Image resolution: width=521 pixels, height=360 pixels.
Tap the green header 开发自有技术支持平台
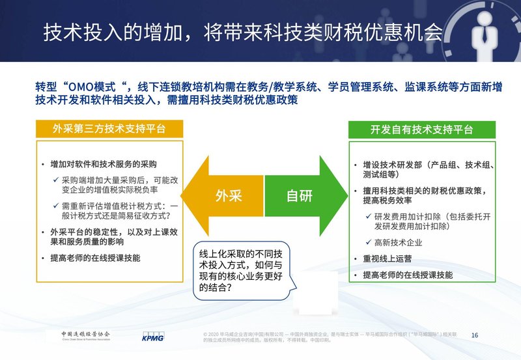coord(421,129)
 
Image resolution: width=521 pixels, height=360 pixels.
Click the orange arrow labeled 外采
coord(221,195)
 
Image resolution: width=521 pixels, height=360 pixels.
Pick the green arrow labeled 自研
coord(301,195)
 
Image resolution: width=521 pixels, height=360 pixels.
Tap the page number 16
coord(474,335)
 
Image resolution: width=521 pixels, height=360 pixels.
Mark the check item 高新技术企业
coord(401,242)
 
